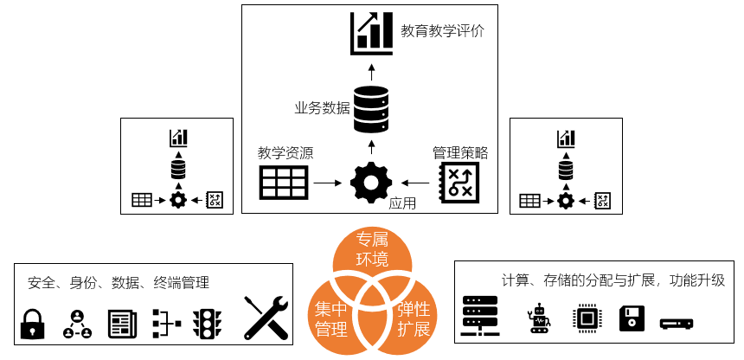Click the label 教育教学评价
tap(442, 32)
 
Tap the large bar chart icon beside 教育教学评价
tap(371, 32)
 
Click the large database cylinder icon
tap(371, 106)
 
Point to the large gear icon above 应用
tap(371, 183)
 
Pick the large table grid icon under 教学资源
tap(285, 183)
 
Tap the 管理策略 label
tap(460, 153)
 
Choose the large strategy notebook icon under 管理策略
tap(459, 183)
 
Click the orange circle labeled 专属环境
tap(373, 248)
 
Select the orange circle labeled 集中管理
tap(332, 318)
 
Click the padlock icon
tap(32, 324)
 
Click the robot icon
tap(538, 318)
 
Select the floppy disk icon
tap(632, 318)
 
